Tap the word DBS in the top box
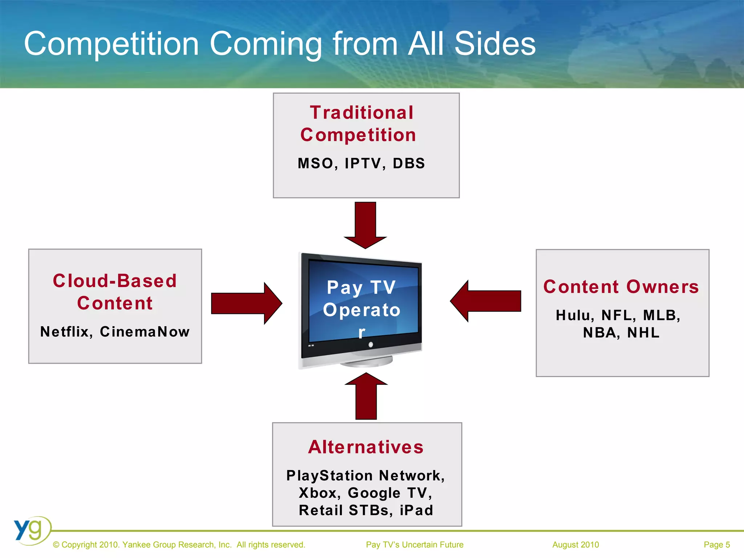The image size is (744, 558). click(x=409, y=163)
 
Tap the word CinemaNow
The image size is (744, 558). click(x=145, y=332)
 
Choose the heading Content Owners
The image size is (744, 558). click(x=621, y=287)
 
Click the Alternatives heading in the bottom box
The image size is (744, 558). click(x=366, y=447)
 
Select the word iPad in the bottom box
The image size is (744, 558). click(x=416, y=510)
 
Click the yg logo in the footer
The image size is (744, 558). click(x=31, y=530)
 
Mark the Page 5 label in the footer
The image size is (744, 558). click(x=716, y=545)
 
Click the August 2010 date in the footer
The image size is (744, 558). click(x=575, y=545)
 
